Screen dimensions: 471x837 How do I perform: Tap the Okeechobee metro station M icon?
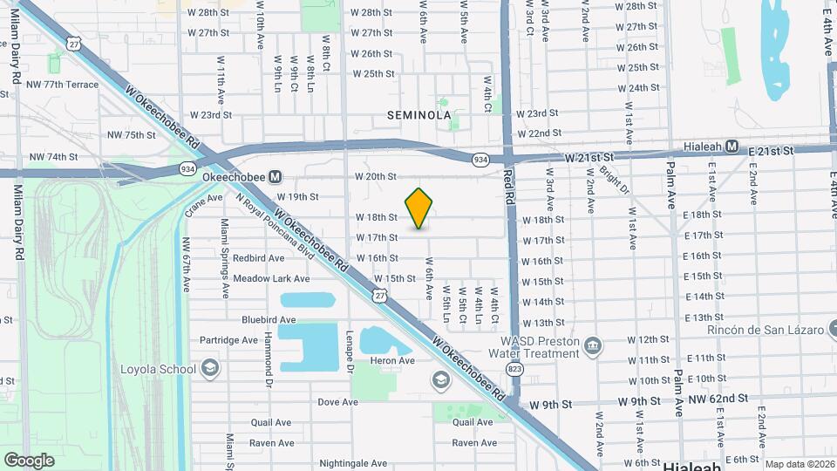point(276,176)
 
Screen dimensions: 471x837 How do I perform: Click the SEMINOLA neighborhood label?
point(419,114)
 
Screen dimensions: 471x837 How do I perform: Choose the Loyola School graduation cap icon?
point(209,368)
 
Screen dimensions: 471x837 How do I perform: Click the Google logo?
point(29,460)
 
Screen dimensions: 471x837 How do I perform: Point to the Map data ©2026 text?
point(800,465)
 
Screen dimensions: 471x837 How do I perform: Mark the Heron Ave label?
point(393,360)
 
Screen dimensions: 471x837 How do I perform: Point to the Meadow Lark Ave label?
point(271,278)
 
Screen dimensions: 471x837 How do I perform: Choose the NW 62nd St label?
point(718,399)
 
